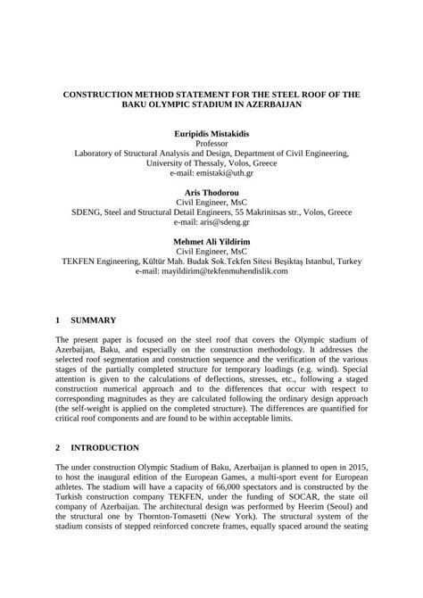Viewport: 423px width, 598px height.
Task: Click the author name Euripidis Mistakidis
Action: coord(211,132)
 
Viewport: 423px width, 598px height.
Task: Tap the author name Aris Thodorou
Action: coord(211,193)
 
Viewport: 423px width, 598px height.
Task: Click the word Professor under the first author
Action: coord(211,143)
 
